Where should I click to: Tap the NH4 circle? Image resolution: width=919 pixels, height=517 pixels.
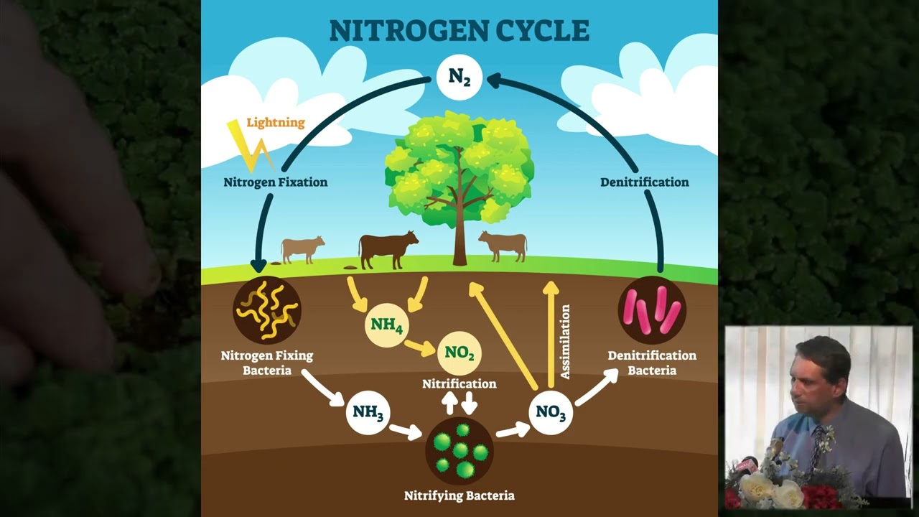[x=387, y=325]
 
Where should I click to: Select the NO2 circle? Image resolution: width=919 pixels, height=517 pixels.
[x=459, y=353]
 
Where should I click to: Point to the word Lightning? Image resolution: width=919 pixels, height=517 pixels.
[x=276, y=123]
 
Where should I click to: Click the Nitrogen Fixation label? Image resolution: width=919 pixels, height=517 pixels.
[x=275, y=182]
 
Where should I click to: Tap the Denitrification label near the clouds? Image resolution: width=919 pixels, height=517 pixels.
[x=644, y=182]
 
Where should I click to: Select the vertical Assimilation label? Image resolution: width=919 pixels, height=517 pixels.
[x=565, y=341]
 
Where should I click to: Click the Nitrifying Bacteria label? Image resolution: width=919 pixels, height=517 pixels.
[x=459, y=495]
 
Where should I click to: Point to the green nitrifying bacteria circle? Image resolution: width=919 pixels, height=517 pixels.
[x=459, y=450]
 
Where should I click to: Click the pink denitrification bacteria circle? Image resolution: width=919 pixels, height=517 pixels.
[x=652, y=310]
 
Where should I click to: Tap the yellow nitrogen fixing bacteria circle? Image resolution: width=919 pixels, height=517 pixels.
[x=267, y=310]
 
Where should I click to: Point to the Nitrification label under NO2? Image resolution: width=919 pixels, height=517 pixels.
[x=459, y=384]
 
